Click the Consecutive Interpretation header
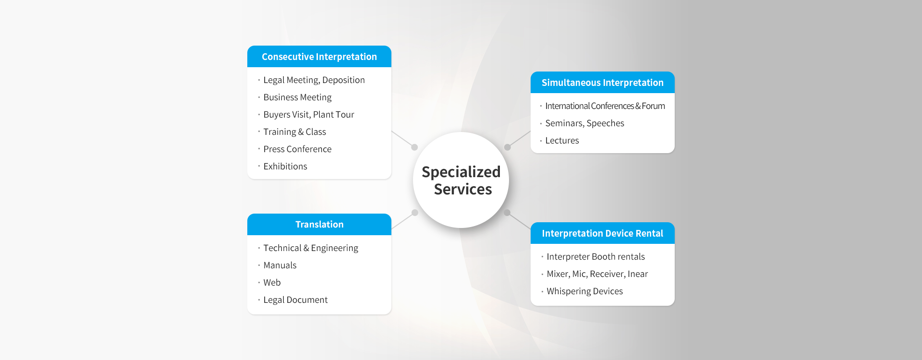click(x=319, y=57)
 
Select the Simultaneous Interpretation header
click(x=603, y=83)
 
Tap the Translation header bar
click(x=319, y=224)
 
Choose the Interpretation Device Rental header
click(x=603, y=233)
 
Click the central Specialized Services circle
click(x=461, y=180)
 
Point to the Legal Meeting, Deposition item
click(x=314, y=80)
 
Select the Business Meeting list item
click(x=297, y=97)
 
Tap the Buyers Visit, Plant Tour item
click(x=309, y=115)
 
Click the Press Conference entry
click(x=297, y=149)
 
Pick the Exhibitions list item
click(x=285, y=167)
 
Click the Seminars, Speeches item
click(x=585, y=123)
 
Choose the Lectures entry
click(x=562, y=141)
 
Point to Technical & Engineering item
click(x=311, y=248)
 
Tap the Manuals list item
click(x=280, y=265)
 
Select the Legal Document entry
click(x=295, y=300)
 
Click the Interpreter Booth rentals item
click(x=596, y=257)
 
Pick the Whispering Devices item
click(x=585, y=291)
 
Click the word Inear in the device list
click(x=638, y=274)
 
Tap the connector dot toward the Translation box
click(x=415, y=213)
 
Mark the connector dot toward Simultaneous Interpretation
click(x=508, y=147)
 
